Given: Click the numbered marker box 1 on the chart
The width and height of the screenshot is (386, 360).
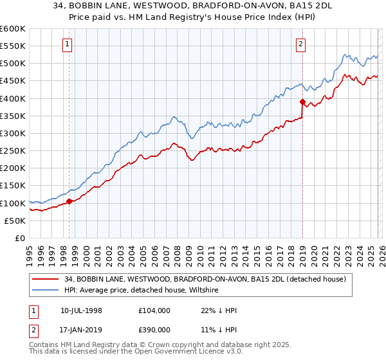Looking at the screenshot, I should [68, 44].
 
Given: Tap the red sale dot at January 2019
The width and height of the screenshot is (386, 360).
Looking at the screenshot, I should [302, 102].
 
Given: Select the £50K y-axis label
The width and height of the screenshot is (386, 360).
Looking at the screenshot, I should [15, 221].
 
